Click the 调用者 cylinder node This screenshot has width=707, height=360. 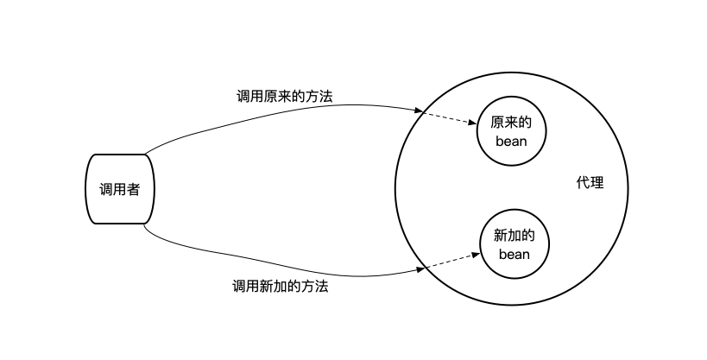pyautogui.click(x=118, y=188)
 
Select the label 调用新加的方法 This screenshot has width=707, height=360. pyautogui.click(x=281, y=287)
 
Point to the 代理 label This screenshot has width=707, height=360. pyautogui.click(x=590, y=183)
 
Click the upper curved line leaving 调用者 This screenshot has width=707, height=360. pyautogui.click(x=259, y=116)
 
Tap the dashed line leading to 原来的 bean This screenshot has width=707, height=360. pyautogui.click(x=449, y=119)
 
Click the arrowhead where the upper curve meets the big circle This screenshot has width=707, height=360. pyautogui.click(x=419, y=111)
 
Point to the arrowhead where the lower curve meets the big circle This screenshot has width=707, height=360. pyautogui.click(x=421, y=270)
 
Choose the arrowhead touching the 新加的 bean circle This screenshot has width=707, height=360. pyautogui.click(x=476, y=254)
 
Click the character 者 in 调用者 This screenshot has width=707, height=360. pyautogui.click(x=132, y=189)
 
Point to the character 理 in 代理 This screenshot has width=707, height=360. pyautogui.click(x=597, y=183)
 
